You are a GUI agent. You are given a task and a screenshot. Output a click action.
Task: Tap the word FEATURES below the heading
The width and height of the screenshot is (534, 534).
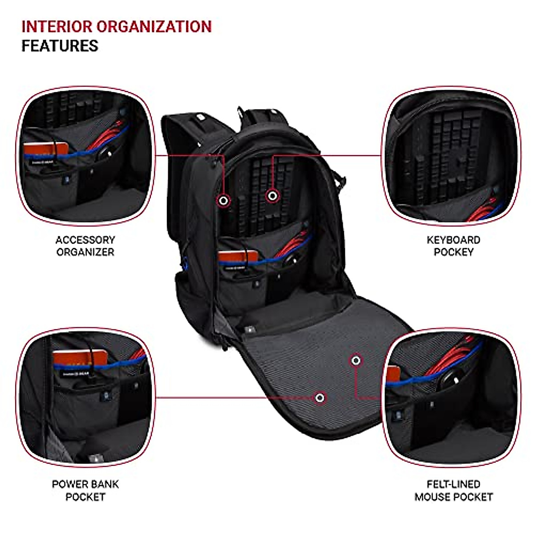coord(60,46)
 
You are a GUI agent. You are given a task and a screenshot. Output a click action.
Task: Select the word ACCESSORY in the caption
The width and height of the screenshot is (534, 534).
coord(85,240)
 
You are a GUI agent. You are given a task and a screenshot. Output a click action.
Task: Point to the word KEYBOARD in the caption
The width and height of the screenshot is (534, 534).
coord(453,240)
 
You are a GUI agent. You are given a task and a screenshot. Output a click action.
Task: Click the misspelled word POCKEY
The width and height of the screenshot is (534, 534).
coord(453,252)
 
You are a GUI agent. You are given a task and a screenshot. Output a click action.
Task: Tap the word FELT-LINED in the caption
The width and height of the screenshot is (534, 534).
coord(453,484)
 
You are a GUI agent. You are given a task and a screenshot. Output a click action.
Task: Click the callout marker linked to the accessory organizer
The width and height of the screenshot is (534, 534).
coord(224,201)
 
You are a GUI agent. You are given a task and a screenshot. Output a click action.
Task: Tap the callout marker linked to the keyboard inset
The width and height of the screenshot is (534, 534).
coord(273,195)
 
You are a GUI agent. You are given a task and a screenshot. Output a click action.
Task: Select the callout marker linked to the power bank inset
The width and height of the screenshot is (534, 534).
coord(319,397)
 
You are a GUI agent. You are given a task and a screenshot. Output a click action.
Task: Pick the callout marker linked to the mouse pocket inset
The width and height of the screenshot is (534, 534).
coord(356,360)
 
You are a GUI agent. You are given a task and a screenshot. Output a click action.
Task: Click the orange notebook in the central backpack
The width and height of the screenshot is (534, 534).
coord(238,257)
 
